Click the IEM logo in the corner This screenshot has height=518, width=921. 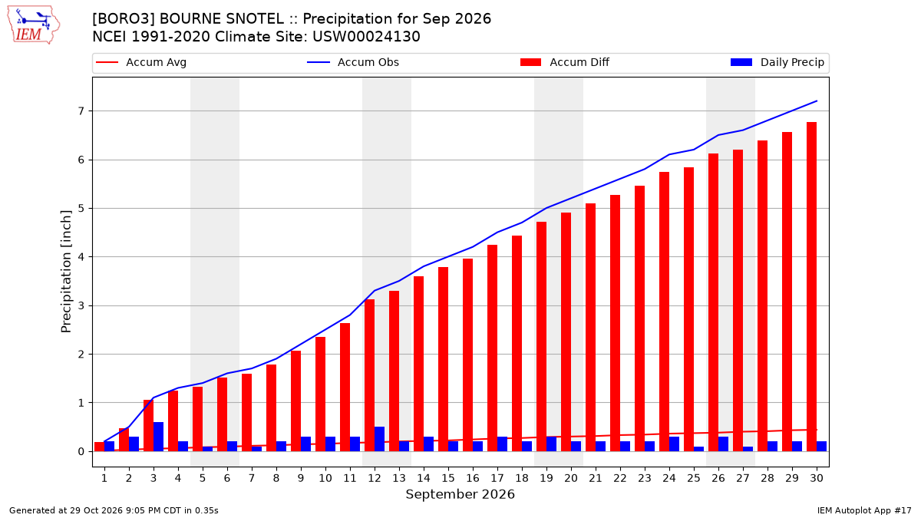coord(34,25)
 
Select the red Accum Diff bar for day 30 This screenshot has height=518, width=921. coord(812,286)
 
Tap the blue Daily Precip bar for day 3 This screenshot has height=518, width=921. coord(158,437)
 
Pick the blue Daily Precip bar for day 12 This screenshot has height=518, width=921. coord(379,439)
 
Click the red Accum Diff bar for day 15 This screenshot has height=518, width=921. coord(444,359)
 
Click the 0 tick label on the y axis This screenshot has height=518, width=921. coord(81,451)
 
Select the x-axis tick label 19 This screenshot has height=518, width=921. coord(546,478)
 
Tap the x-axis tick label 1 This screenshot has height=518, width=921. coord(104,478)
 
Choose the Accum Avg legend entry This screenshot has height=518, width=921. coord(141,62)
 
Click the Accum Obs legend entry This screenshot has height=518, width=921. coord(353,62)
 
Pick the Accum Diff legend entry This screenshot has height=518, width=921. coord(565,62)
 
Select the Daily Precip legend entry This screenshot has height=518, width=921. coord(777,62)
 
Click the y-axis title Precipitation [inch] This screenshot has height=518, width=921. coord(66,272)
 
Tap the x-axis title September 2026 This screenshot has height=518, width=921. coord(460,494)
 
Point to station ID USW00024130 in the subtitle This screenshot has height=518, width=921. coord(366,37)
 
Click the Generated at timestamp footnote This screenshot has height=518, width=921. coord(114,510)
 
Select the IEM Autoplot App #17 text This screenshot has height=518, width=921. coord(864,510)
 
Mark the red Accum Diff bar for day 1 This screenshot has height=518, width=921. coord(100,447)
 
